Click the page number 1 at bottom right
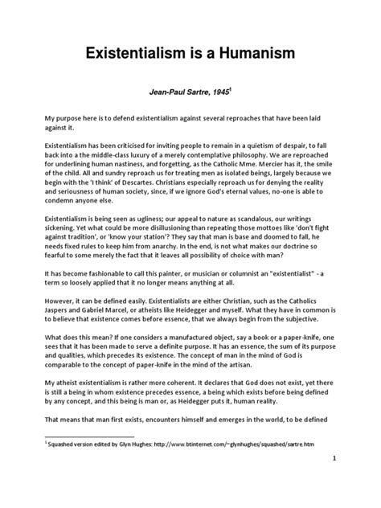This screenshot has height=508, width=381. tap(354, 480)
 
